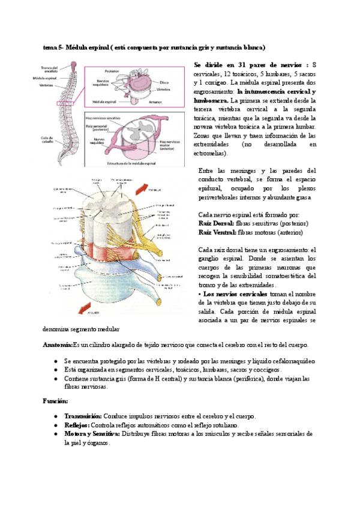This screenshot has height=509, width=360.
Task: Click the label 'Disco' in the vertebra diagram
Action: coord(164,83)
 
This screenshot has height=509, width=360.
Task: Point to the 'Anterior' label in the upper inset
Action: coord(155,101)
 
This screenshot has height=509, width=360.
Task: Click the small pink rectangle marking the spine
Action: coord(65,104)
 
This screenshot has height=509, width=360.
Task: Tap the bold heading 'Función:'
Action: coord(55,400)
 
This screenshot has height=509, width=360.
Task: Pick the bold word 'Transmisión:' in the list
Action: coord(83,416)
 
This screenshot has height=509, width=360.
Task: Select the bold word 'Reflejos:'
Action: coord(77,425)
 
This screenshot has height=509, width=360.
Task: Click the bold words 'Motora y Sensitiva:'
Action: coord(92,434)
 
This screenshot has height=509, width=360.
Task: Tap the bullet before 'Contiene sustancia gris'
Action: coord(55,379)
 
